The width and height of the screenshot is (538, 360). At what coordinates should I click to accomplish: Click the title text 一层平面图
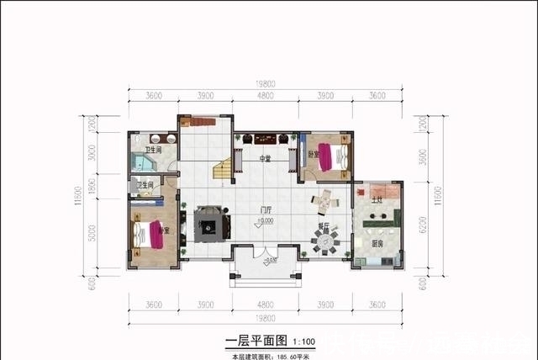click(256, 341)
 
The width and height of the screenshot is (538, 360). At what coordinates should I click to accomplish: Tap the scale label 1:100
click(303, 342)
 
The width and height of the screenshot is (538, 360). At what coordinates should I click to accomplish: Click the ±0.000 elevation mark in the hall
click(266, 221)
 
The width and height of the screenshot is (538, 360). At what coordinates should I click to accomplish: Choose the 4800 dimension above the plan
click(266, 96)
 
